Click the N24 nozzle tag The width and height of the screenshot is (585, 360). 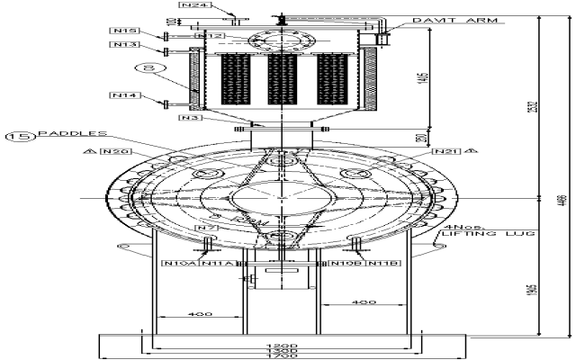coord(195,5)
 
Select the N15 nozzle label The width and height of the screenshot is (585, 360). coord(125,31)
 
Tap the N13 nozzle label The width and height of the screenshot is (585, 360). coord(125,44)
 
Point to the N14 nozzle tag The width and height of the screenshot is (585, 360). coord(123,94)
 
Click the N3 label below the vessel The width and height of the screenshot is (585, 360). coord(188,117)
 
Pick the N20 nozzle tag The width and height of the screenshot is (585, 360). coord(119,152)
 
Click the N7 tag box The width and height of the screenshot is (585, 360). coord(206,229)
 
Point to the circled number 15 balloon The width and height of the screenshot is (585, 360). coord(19,136)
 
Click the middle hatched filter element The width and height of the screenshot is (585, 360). coord(283,79)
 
